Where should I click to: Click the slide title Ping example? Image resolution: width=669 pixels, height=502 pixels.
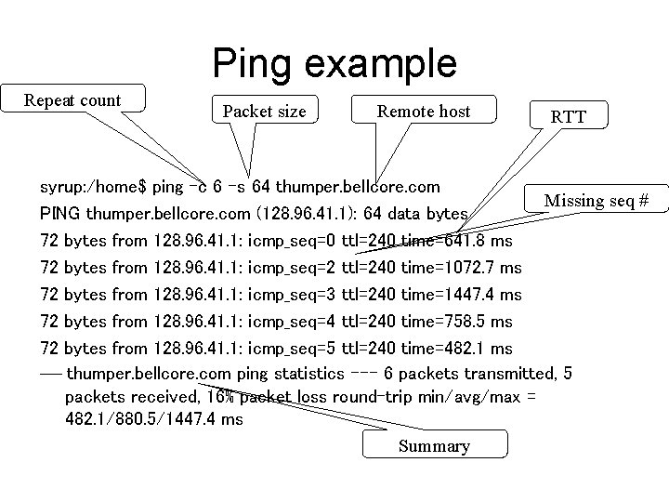(x=334, y=63)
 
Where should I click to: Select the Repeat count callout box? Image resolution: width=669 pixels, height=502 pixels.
(x=72, y=100)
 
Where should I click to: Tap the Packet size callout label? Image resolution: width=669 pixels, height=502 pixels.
(x=264, y=112)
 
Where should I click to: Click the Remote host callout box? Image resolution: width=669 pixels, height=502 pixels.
(x=424, y=112)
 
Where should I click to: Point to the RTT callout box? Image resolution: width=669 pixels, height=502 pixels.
(x=567, y=117)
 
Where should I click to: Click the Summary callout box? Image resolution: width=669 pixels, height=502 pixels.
(x=434, y=445)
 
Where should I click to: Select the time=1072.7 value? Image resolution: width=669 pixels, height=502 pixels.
(x=461, y=268)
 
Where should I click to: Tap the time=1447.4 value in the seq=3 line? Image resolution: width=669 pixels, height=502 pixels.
(x=461, y=295)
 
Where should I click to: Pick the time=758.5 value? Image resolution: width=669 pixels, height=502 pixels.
(x=456, y=322)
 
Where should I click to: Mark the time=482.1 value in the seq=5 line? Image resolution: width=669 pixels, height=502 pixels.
(x=456, y=349)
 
